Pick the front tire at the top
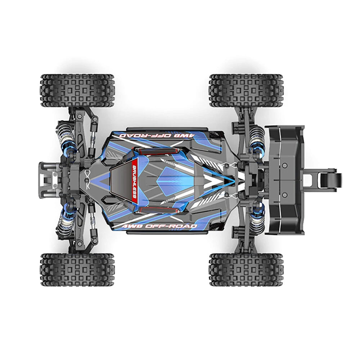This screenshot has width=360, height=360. (x=77, y=91)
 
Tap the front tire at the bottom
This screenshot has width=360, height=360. (x=77, y=269)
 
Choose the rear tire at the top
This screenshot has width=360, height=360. (x=246, y=91)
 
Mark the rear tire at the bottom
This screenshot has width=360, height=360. (x=246, y=269)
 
